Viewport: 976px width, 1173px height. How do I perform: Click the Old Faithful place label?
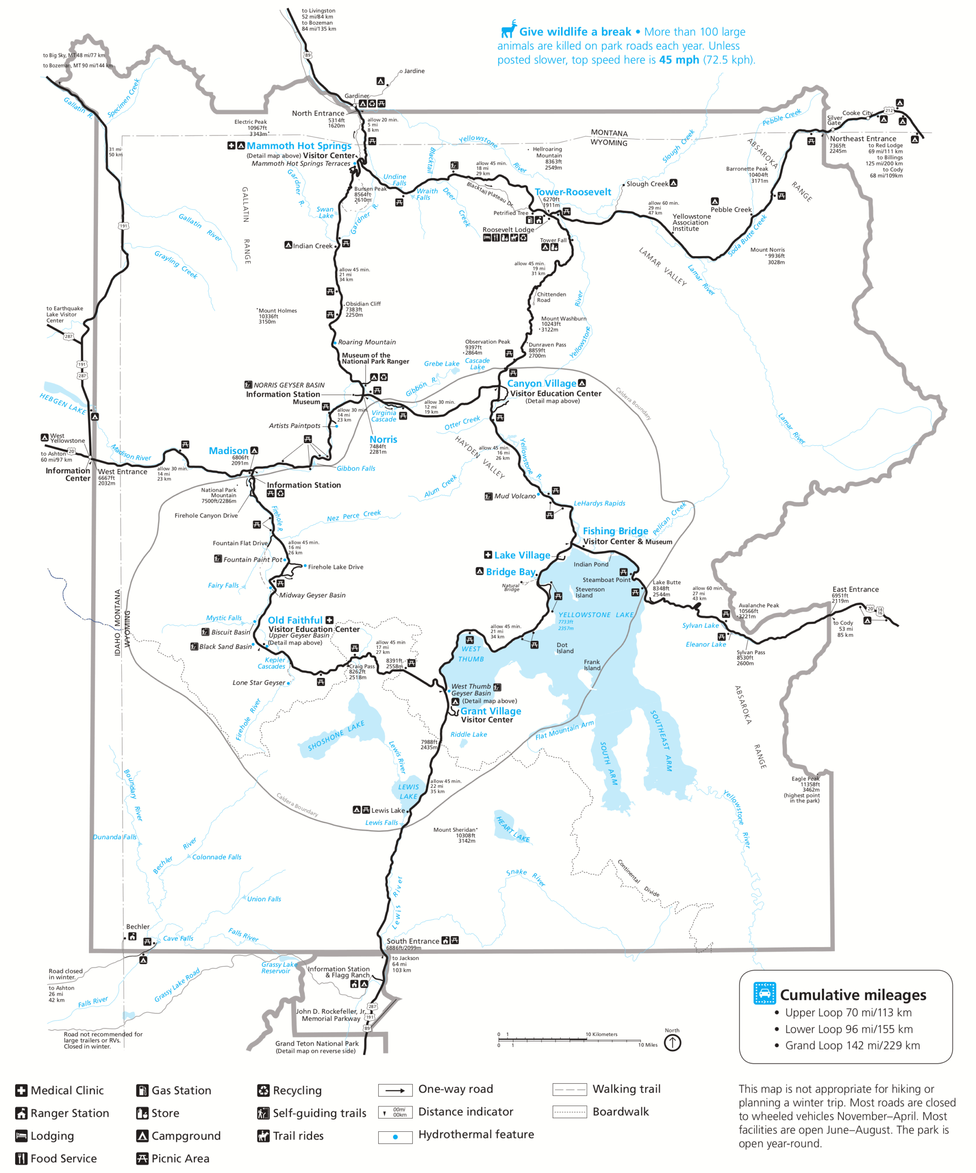tap(295, 620)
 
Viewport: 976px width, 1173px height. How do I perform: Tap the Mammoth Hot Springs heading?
tap(299, 146)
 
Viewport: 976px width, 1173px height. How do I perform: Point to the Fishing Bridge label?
tap(615, 531)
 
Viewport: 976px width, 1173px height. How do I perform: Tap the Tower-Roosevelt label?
tap(573, 192)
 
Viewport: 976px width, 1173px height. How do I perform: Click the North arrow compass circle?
tap(672, 1042)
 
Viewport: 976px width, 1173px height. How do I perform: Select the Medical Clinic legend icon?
tap(21, 1091)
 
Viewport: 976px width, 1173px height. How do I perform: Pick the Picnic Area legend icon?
tap(142, 1158)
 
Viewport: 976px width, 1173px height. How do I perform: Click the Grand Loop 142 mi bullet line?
tap(852, 1046)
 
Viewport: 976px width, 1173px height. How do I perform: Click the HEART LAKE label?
tap(513, 829)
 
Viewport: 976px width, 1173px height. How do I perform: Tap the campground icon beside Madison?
tap(254, 450)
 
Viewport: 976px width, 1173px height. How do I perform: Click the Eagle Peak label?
tap(805, 778)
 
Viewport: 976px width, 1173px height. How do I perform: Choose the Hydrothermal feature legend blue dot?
tap(395, 1137)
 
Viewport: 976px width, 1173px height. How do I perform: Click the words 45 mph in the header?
tap(678, 60)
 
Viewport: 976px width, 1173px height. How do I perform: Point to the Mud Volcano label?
tap(514, 496)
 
